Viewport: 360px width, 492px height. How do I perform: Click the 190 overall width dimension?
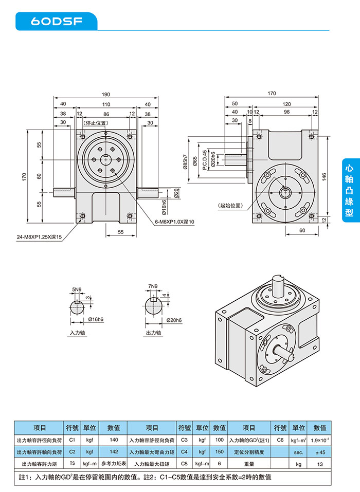pyautogui.click(x=106, y=95)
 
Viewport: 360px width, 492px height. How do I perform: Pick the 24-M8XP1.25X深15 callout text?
pyautogui.click(x=39, y=237)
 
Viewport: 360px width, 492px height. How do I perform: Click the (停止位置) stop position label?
pyautogui.click(x=95, y=123)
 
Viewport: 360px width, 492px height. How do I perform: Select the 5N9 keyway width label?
pyautogui.click(x=77, y=289)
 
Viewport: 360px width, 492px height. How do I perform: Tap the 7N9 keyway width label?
pyautogui.click(x=152, y=286)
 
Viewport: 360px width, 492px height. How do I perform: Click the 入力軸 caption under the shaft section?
pyautogui.click(x=77, y=333)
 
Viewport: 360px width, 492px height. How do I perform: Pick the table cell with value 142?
pyautogui.click(x=114, y=452)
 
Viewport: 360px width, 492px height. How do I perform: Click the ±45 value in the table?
pyautogui.click(x=319, y=452)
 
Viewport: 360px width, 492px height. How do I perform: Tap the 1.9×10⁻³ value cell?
pyautogui.click(x=319, y=440)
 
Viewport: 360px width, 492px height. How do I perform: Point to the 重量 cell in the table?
pyautogui.click(x=249, y=464)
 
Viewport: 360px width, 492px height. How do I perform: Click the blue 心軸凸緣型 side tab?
pyautogui.click(x=350, y=190)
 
